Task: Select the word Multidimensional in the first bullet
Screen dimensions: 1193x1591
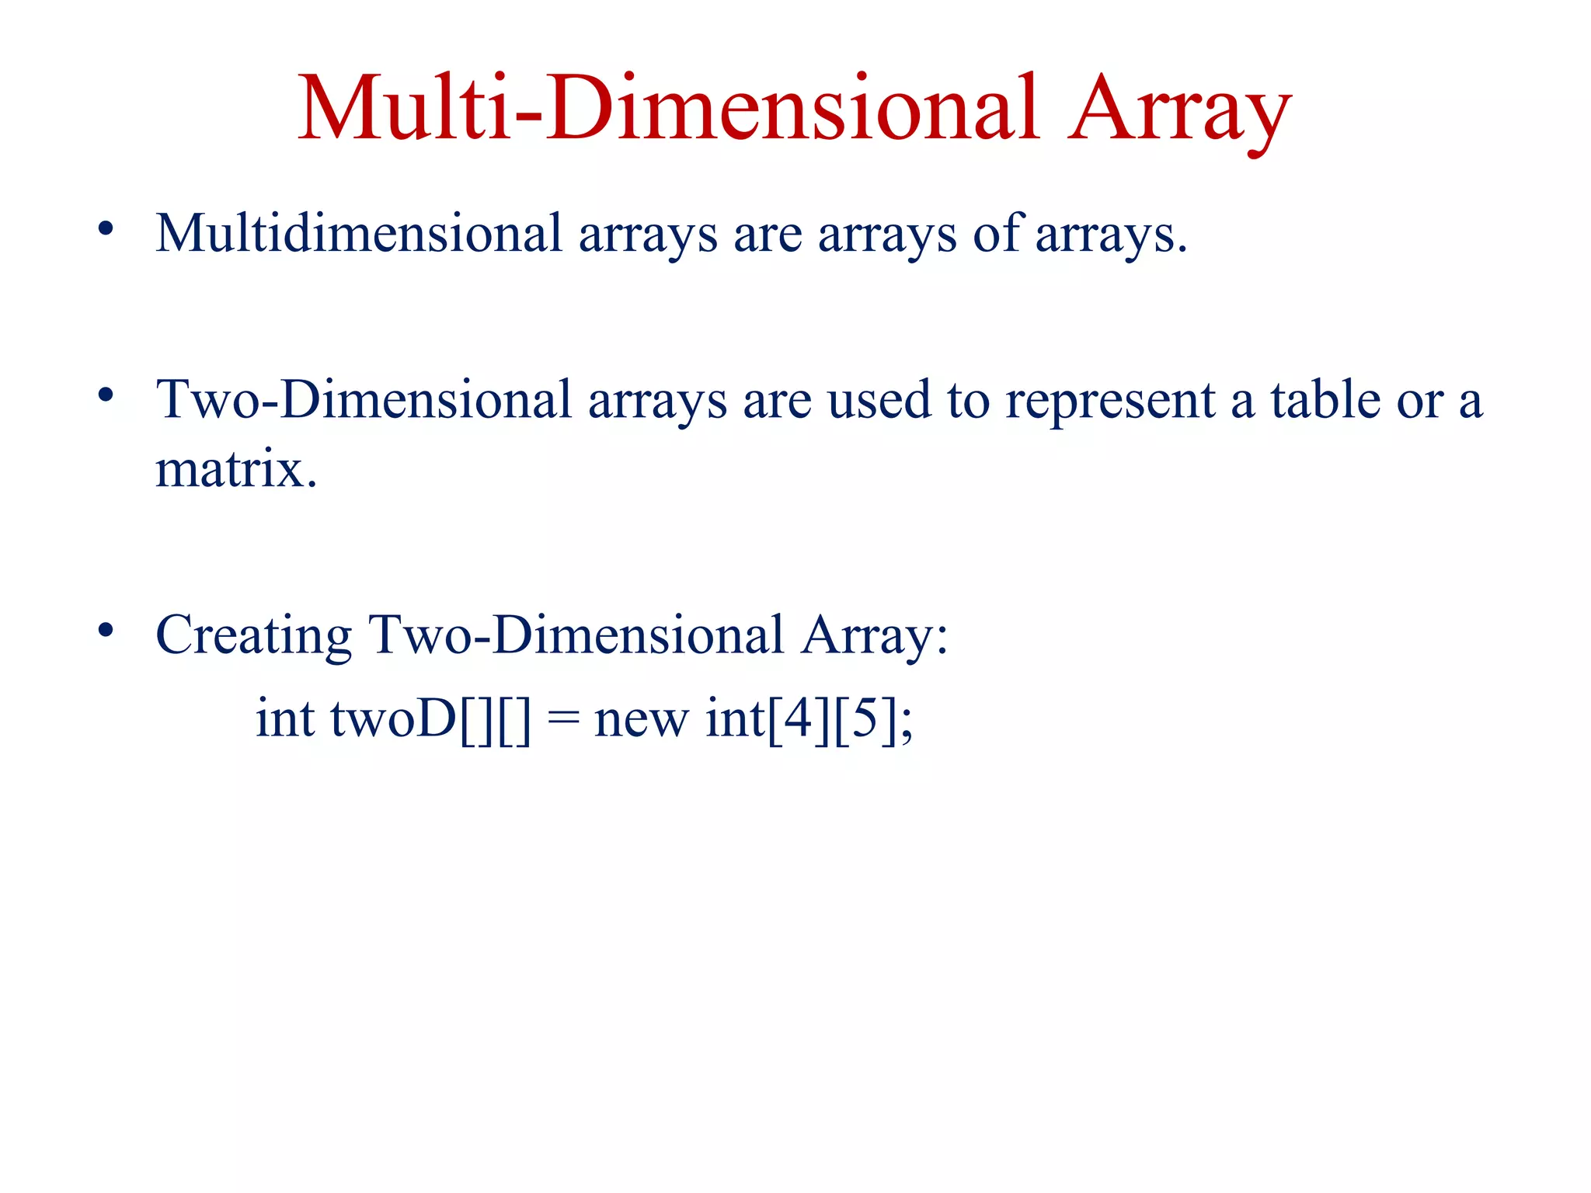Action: pos(358,233)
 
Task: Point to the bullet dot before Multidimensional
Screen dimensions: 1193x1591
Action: pos(106,229)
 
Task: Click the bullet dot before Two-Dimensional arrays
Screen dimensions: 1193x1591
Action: pos(106,395)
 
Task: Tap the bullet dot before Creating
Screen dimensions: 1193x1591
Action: pos(106,630)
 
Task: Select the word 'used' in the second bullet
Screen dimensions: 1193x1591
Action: pos(879,401)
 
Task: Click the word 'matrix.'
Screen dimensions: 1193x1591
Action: pos(236,469)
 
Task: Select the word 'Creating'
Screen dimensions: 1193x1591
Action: pos(253,636)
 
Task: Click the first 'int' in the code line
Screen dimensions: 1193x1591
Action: pos(285,718)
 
